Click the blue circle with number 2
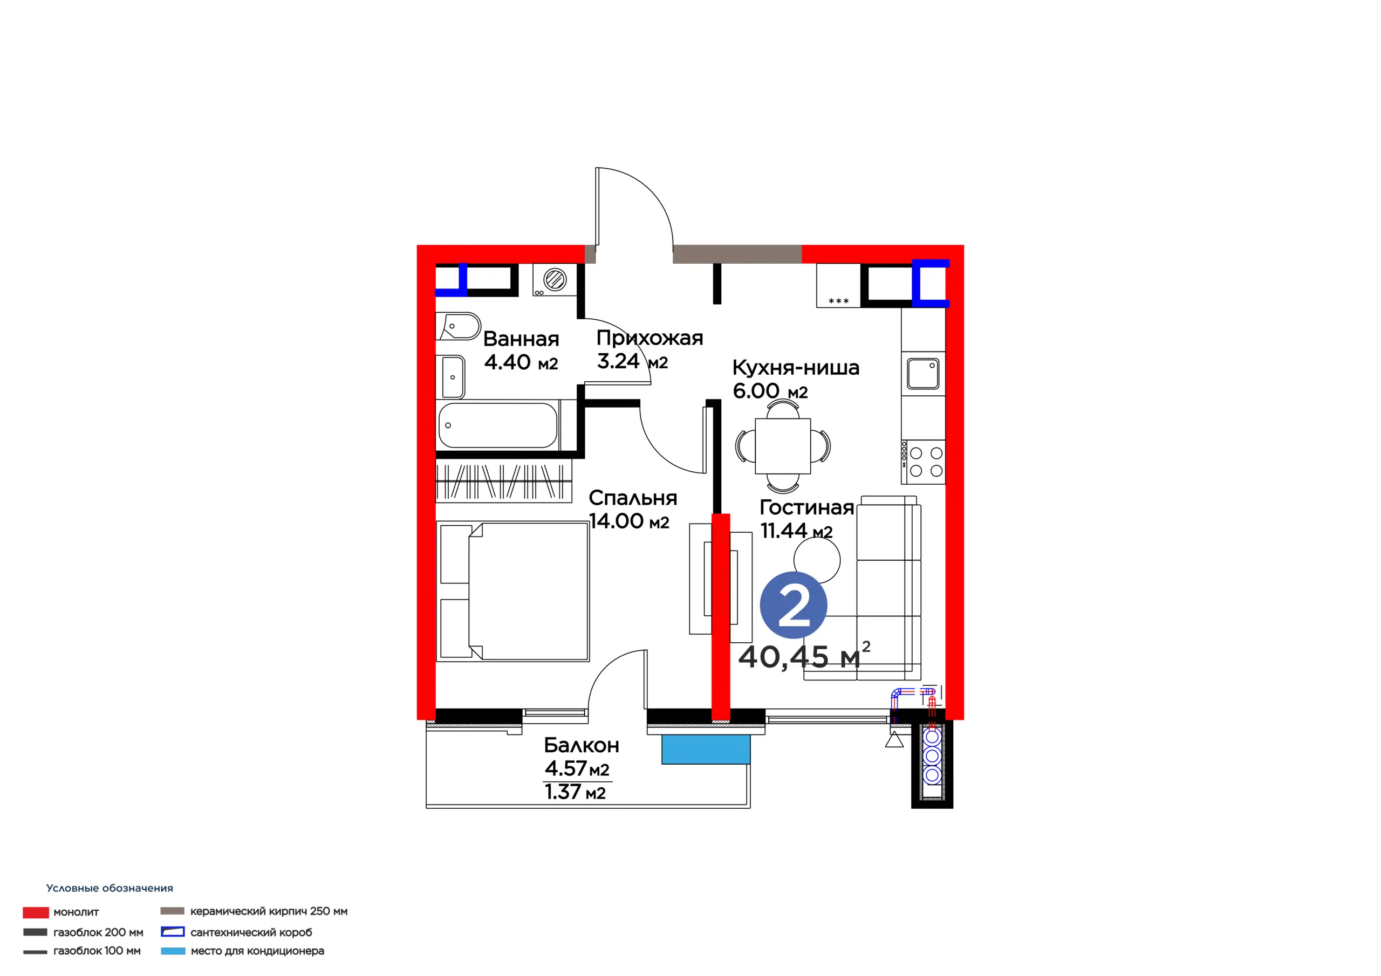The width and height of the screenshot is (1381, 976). pos(794,605)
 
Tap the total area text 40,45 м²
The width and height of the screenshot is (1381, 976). pos(804,656)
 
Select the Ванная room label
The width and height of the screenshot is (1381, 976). pos(521,339)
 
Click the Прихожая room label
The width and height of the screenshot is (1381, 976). pos(650,339)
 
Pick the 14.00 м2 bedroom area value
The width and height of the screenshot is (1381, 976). pos(628,521)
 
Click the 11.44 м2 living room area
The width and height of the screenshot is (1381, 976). pos(796,531)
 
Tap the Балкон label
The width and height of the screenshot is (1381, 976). pos(582,746)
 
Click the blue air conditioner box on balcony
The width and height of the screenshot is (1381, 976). pos(706,750)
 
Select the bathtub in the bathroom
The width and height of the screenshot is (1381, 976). pos(497,425)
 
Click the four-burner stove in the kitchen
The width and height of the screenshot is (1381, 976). pos(922,462)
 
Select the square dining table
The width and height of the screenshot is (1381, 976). pos(783,446)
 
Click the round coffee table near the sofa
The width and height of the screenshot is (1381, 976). pos(816,560)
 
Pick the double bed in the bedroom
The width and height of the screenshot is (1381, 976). pos(512,592)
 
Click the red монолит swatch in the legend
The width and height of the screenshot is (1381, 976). pos(36,913)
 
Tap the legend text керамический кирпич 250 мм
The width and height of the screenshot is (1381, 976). pos(269,912)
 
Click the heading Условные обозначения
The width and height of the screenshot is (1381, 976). pos(110,889)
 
